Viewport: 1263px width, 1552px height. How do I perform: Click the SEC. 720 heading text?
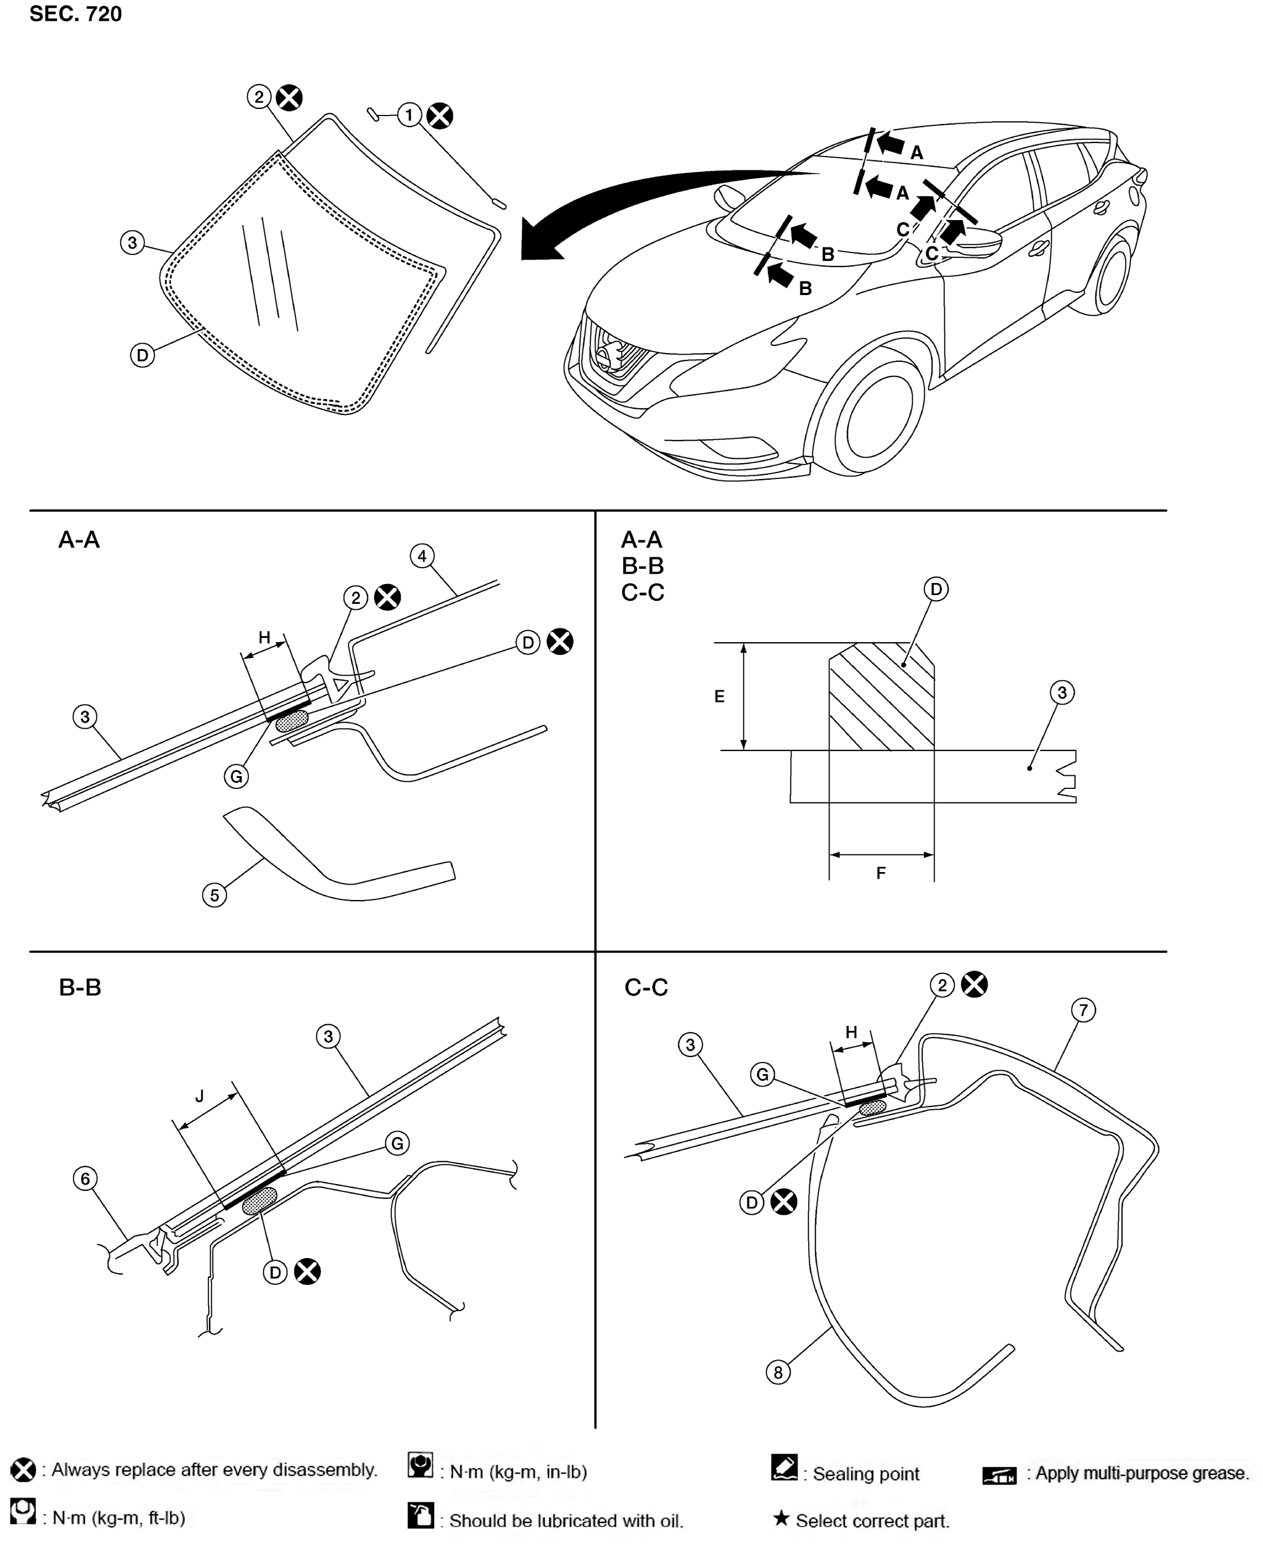(x=76, y=14)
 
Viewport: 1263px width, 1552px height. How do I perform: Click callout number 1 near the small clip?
(x=410, y=115)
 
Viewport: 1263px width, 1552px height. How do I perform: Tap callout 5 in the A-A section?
(x=215, y=895)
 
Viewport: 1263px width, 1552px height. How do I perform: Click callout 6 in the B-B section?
(x=85, y=1178)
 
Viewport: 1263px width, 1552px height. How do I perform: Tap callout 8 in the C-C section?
(x=778, y=1372)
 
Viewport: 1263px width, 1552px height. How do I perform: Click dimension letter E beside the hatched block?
(x=719, y=696)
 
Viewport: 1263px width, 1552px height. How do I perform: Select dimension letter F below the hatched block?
(x=881, y=873)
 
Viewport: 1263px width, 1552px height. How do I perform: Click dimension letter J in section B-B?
(x=200, y=1097)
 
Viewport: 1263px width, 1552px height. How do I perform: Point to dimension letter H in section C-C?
(x=851, y=1032)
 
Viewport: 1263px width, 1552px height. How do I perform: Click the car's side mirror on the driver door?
(x=975, y=240)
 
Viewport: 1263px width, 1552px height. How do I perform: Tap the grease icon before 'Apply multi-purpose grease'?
(x=1000, y=1474)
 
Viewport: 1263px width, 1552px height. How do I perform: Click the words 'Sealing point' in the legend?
(x=866, y=1473)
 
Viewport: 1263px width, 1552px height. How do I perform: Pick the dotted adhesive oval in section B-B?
(x=259, y=1201)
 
